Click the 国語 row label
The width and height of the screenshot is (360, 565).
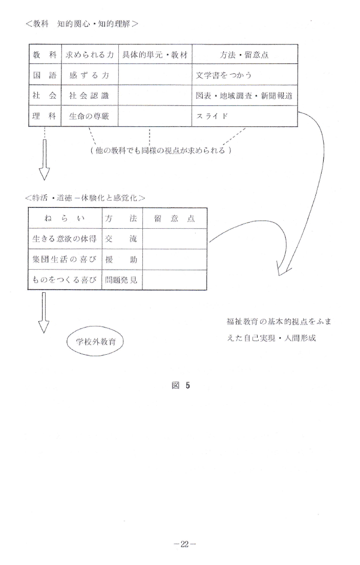click(x=45, y=75)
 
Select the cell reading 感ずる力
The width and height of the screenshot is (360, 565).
click(x=90, y=75)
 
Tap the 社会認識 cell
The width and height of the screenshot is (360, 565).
click(x=90, y=96)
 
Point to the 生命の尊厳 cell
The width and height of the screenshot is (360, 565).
click(x=90, y=116)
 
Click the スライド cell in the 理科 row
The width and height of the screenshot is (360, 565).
click(x=245, y=116)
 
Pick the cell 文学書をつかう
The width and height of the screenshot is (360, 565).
click(x=245, y=75)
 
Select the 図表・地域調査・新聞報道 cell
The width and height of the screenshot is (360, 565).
click(x=245, y=96)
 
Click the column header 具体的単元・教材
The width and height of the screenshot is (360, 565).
click(x=155, y=55)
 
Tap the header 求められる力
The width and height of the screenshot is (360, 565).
click(x=90, y=55)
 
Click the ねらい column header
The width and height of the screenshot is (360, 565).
click(x=65, y=219)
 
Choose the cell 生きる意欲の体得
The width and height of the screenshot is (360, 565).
click(x=65, y=239)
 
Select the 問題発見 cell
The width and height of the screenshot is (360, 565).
click(x=122, y=280)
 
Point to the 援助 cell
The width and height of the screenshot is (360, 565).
click(x=122, y=259)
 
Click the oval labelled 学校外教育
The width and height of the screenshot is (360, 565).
click(x=95, y=341)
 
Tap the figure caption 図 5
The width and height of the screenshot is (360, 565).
click(x=181, y=385)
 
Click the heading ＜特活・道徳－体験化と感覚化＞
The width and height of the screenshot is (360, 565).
click(x=86, y=198)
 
